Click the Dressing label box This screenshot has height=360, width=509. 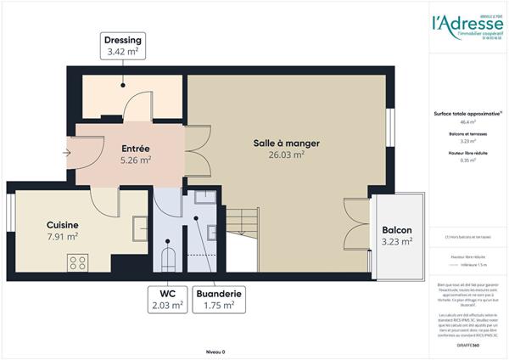click(123, 47)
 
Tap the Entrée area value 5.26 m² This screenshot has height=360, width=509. click(136, 159)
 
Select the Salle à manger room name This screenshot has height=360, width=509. click(286, 143)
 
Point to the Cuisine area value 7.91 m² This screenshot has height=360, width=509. click(62, 237)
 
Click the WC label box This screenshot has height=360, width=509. click(167, 300)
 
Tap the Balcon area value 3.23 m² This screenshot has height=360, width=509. click(397, 241)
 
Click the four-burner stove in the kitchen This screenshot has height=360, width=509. click(79, 262)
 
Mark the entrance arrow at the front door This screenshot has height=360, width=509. click(67, 154)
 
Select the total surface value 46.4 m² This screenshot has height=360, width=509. click(466, 124)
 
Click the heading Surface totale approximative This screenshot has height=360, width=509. click(465, 114)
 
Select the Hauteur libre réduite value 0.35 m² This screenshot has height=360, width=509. click(466, 160)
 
